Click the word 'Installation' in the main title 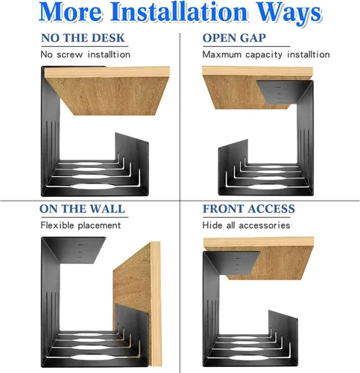[179, 12]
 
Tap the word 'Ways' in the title [288, 13]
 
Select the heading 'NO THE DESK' [83, 38]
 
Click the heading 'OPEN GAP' [234, 38]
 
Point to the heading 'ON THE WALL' [82, 209]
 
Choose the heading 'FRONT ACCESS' [249, 209]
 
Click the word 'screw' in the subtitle [69, 54]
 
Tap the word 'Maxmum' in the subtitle [222, 54]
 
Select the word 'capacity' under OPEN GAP [264, 55]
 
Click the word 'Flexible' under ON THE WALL [57, 225]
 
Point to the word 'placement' [99, 226]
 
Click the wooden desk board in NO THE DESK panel [107, 91]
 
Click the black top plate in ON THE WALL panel [75, 250]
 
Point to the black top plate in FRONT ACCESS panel [233, 263]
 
